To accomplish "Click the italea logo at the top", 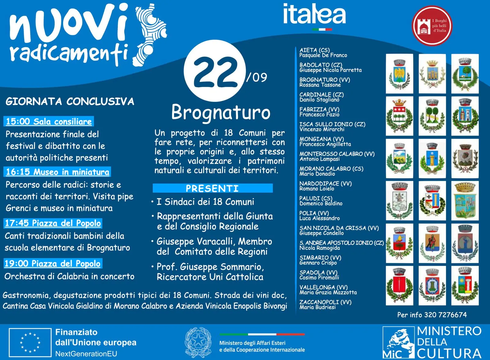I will tap(314, 15).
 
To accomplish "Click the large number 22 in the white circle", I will tap(215, 72).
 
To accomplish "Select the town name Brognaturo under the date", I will tap(221, 112).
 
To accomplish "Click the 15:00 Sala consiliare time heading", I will tap(49, 122).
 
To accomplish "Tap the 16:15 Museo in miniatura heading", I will tap(57, 172).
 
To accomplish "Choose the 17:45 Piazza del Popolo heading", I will tap(53, 223).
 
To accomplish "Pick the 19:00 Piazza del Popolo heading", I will tap(52, 264).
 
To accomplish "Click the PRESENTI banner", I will tap(212, 188).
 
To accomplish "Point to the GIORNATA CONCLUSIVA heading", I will tap(70, 102).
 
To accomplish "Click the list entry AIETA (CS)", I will tap(315, 50).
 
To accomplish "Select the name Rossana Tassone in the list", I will tap(320, 85).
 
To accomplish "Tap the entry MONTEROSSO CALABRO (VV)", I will tap(337, 154).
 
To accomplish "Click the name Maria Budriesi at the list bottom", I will tap(318, 307).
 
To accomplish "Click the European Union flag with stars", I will tap(30, 343).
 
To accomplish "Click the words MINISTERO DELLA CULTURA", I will tap(449, 342).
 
